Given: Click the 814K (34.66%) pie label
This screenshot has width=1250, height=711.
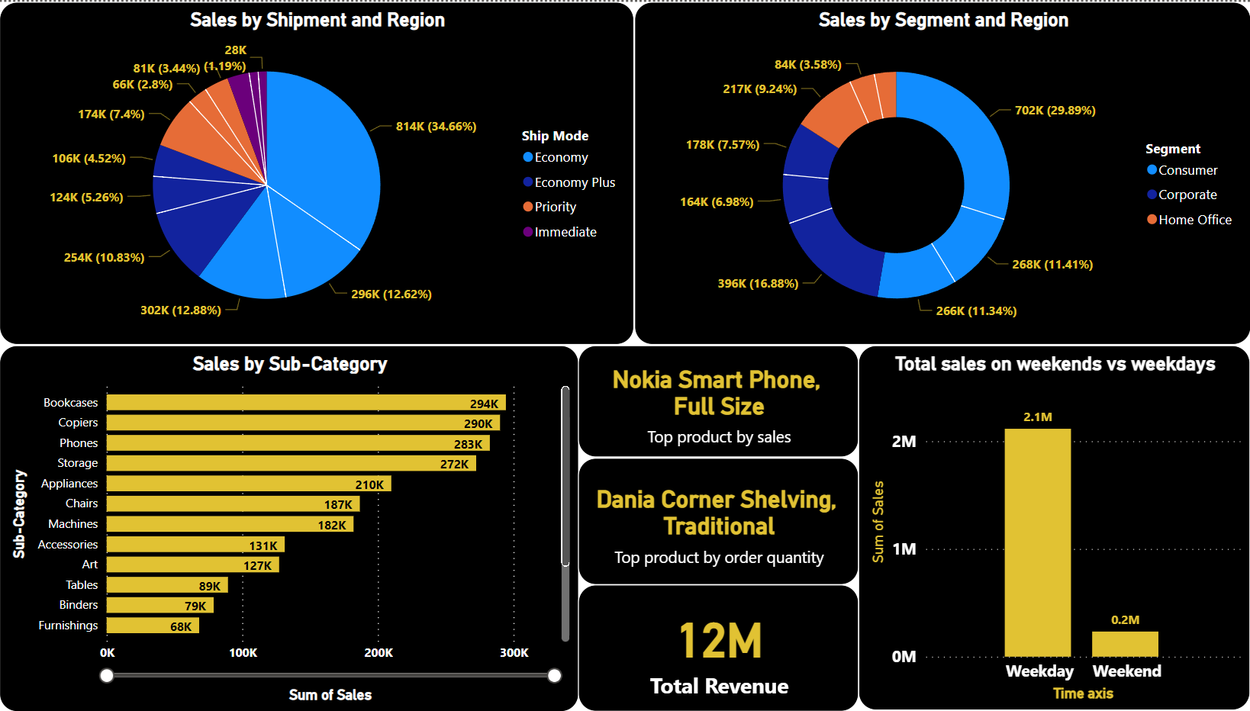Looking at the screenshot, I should point(436,127).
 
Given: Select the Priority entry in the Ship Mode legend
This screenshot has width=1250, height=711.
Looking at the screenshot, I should point(555,207).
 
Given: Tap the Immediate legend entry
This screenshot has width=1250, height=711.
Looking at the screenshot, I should point(565,232).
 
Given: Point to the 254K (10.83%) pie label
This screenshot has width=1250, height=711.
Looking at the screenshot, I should point(104,258).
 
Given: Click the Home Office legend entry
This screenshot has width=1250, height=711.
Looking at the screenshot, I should point(1194,220).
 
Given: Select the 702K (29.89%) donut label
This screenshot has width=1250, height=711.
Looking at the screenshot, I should point(1055,111).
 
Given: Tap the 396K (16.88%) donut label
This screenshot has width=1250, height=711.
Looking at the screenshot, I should point(758,284).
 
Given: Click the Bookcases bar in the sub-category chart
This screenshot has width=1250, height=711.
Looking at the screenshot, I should point(305,403).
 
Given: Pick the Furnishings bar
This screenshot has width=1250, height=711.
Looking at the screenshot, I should point(153,626).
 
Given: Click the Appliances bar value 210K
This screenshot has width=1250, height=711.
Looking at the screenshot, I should point(369,484).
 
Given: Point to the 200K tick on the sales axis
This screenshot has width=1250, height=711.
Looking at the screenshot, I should point(379,653).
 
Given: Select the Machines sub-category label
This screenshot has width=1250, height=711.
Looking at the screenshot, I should point(72,524).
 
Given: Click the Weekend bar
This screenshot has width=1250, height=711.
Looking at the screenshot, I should point(1125,644).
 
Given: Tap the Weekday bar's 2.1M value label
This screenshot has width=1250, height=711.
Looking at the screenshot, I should point(1037,417).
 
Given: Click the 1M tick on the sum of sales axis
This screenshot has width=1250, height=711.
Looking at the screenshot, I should point(904,549).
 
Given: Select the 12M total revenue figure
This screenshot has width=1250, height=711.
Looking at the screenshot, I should point(720,640).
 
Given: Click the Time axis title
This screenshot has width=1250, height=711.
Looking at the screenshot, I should point(1082,693).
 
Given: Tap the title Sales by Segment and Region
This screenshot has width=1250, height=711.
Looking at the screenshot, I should point(943,21).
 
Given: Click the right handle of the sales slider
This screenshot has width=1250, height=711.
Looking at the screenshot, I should point(555,675).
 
